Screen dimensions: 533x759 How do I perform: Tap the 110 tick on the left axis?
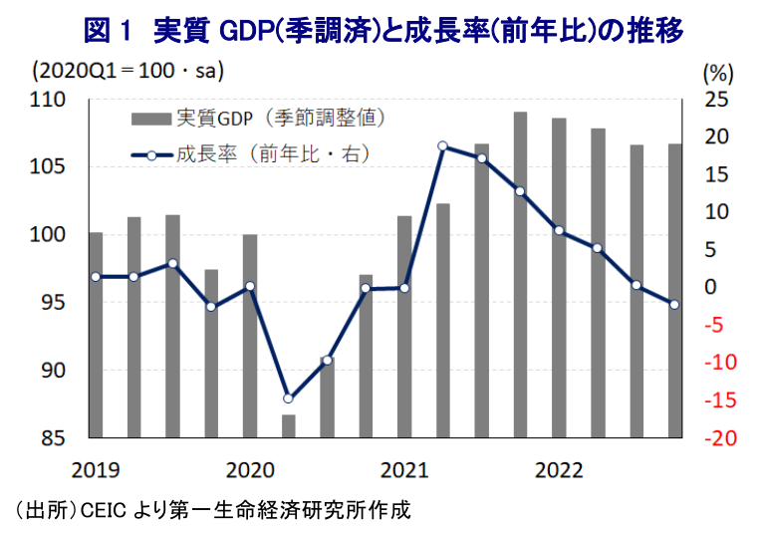click(48, 101)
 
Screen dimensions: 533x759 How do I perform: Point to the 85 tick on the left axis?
click(52, 438)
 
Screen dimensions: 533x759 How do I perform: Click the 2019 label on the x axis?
click(95, 467)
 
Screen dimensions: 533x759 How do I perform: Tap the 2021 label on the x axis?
click(404, 467)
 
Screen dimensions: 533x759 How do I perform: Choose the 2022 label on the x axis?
click(559, 467)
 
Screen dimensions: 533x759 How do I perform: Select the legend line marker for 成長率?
click(151, 154)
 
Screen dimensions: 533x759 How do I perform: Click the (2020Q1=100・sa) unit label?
click(126, 73)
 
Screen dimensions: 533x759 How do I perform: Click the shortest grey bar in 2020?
click(289, 425)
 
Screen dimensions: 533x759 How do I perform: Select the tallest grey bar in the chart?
click(520, 274)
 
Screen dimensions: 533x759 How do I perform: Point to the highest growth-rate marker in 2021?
click(443, 146)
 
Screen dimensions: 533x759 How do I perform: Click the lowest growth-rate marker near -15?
click(289, 399)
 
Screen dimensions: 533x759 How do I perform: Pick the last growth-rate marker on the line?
click(674, 305)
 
